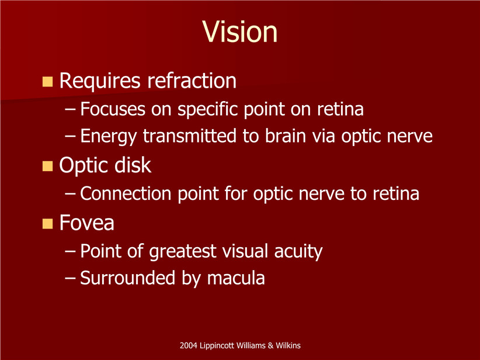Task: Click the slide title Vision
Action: point(240,32)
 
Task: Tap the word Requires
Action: point(100,81)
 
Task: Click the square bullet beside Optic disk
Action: point(47,166)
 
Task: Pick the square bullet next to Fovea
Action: point(47,224)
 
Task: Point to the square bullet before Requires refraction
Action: point(47,82)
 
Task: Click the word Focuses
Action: point(113,109)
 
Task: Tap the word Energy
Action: point(109,137)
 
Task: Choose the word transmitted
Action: point(190,136)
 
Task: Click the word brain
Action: point(286,136)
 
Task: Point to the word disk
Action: point(133,165)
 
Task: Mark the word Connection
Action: point(126,193)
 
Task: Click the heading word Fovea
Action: point(86,223)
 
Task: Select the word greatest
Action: point(183,252)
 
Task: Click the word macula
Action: point(236,278)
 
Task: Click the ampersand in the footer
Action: point(270,346)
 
